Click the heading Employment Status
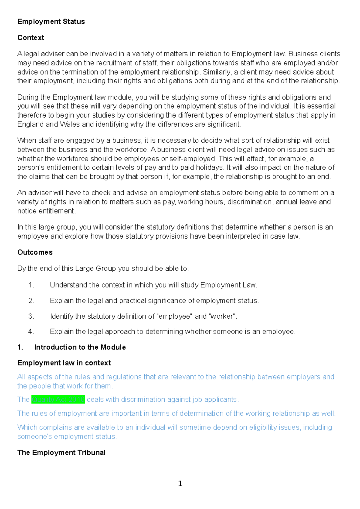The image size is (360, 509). coord(51,22)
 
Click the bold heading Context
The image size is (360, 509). coord(31,38)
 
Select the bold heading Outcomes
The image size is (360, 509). coord(35,252)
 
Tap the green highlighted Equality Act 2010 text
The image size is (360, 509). coord(58,400)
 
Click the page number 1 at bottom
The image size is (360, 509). coord(180,483)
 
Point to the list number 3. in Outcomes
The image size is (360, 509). coord(31,316)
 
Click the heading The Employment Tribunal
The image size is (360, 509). coord(61,453)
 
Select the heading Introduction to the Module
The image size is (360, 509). coord(80,347)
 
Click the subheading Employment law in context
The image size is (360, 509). coord(64,363)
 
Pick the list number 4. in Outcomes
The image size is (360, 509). coord(31,332)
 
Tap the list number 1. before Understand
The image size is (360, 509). coord(31,285)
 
